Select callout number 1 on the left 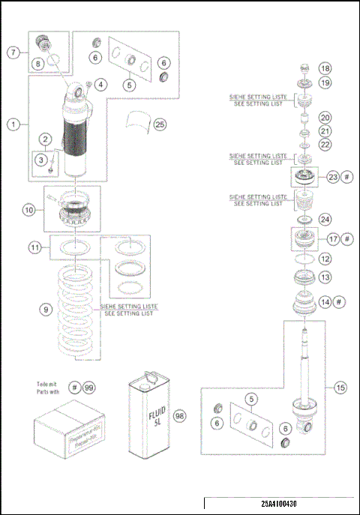14,125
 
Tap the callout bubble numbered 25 160,124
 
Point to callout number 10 29,211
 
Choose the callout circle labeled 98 180,414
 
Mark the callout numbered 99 89,386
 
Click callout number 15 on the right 340,388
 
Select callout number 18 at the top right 324,68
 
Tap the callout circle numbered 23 333,177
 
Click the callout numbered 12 324,258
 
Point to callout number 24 324,220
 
